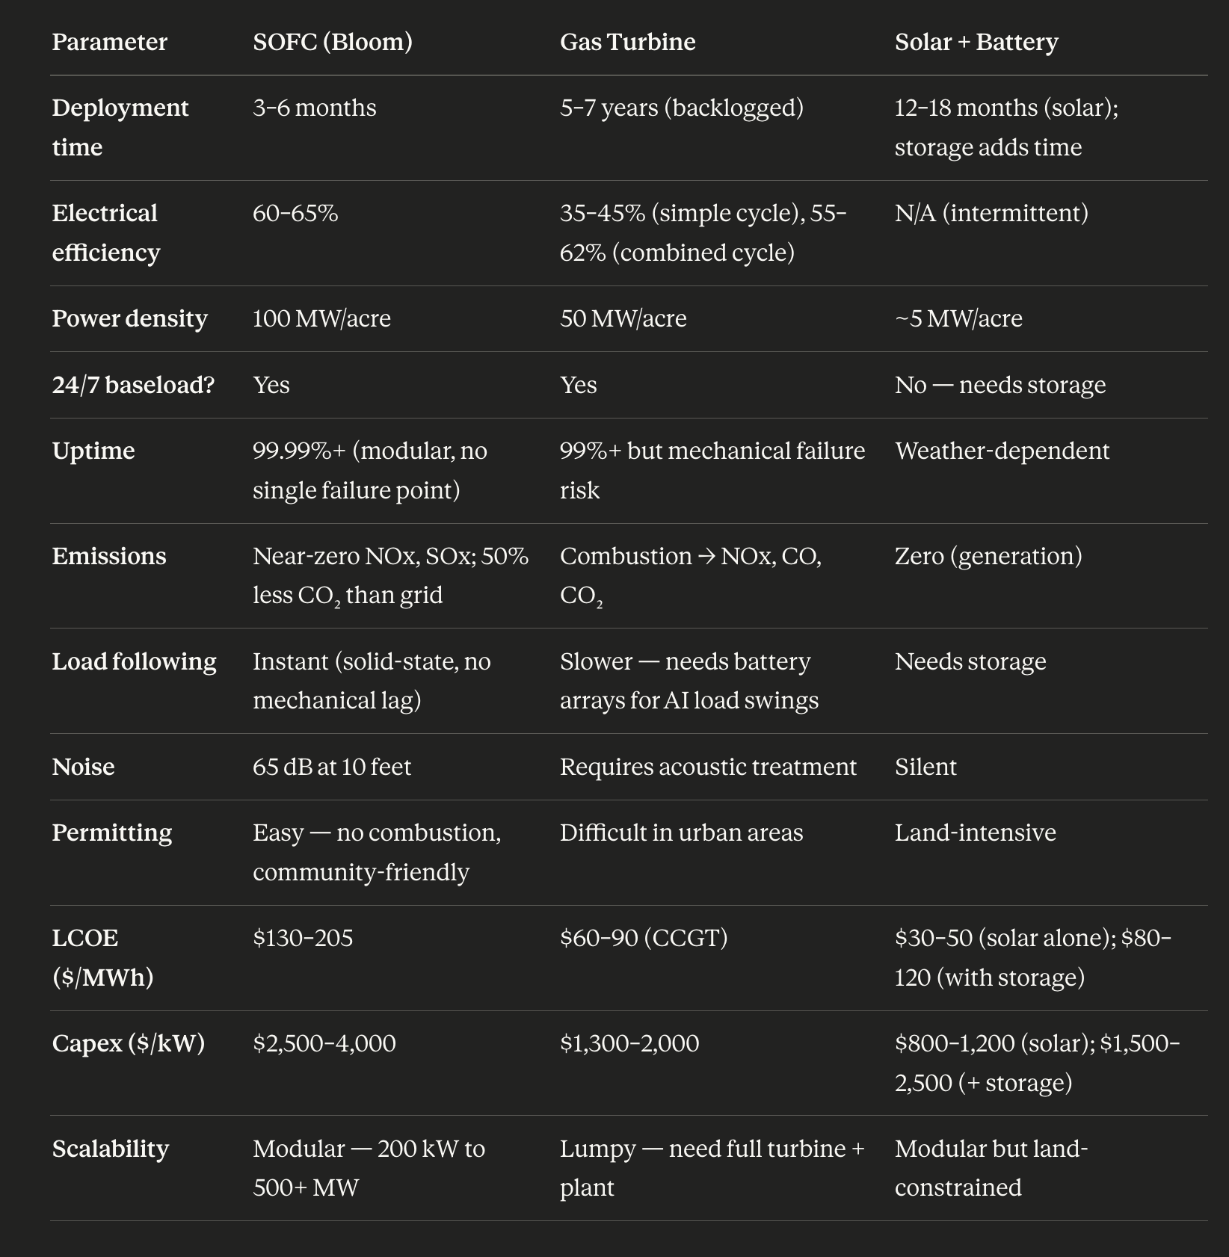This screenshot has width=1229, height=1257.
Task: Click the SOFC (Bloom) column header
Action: click(x=332, y=42)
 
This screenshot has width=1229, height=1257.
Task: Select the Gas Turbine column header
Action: click(x=627, y=42)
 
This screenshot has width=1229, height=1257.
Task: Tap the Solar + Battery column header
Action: click(x=976, y=42)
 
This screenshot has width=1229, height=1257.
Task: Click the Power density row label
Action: click(x=129, y=318)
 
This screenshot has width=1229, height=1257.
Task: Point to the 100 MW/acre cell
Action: click(x=321, y=318)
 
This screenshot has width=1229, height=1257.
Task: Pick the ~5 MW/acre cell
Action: click(x=958, y=318)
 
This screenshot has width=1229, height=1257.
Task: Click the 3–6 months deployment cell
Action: click(x=314, y=108)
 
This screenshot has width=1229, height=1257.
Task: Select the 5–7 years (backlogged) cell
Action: click(x=681, y=108)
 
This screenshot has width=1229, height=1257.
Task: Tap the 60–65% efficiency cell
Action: click(x=295, y=213)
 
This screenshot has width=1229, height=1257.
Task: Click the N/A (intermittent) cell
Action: click(x=991, y=213)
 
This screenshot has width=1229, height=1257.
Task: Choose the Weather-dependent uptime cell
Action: click(x=1002, y=451)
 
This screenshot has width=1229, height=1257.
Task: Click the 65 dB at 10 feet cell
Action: click(x=331, y=767)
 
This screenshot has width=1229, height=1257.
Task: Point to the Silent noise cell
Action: click(x=925, y=767)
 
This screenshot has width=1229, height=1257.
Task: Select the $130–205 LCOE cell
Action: click(x=302, y=938)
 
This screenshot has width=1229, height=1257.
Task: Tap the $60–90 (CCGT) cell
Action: click(x=643, y=938)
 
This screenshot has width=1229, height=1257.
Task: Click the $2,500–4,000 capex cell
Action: click(x=324, y=1043)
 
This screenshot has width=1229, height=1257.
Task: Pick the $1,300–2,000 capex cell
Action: click(x=629, y=1043)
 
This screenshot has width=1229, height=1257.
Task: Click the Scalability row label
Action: click(x=110, y=1149)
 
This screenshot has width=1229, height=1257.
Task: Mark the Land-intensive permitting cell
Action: click(x=975, y=833)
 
